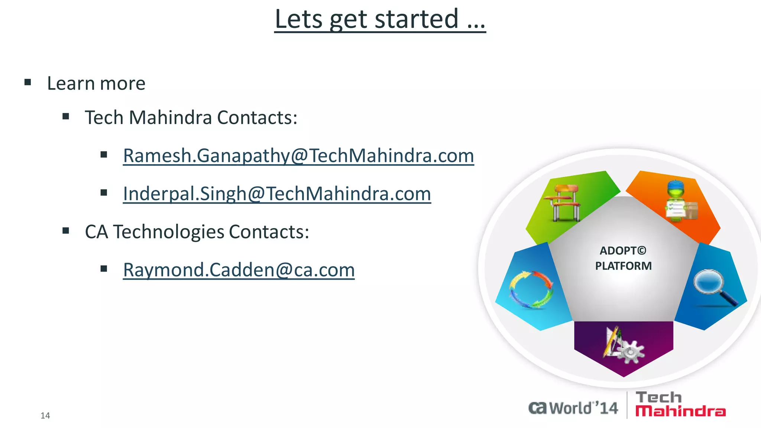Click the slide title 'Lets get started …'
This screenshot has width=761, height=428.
tap(380, 19)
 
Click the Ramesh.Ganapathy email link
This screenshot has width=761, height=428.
tap(298, 156)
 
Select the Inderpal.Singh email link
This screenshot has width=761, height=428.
tap(277, 194)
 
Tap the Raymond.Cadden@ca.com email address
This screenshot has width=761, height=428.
tap(239, 270)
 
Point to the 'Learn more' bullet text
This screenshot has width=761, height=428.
tap(96, 84)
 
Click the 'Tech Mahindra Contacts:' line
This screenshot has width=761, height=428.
tap(191, 118)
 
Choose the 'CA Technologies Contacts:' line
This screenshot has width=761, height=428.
tap(197, 232)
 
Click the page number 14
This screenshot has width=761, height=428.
tap(45, 416)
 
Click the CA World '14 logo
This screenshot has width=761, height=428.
tap(573, 408)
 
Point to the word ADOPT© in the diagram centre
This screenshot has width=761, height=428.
tap(623, 251)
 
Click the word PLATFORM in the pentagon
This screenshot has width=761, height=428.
tap(623, 266)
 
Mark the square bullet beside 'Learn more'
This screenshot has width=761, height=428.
tap(27, 82)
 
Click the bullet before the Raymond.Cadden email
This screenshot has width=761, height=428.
tap(104, 269)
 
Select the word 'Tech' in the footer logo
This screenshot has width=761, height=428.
tap(658, 398)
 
